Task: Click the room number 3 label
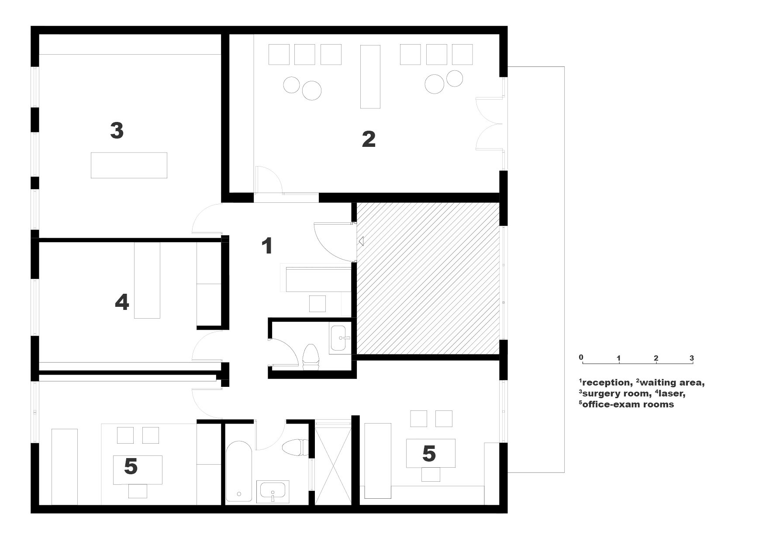tap(117, 131)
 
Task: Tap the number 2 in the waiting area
tap(369, 139)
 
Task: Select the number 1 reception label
tap(267, 246)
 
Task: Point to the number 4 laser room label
tap(122, 302)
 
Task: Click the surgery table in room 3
tap(129, 165)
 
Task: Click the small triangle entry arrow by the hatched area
tap(360, 240)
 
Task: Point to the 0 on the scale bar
tap(581, 357)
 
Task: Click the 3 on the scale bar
tap(692, 358)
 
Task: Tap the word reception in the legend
tap(607, 383)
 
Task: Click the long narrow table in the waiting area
tap(370, 76)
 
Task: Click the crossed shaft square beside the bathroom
tap(333, 463)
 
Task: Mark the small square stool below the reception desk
tap(317, 303)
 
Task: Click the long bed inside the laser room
tap(147, 281)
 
